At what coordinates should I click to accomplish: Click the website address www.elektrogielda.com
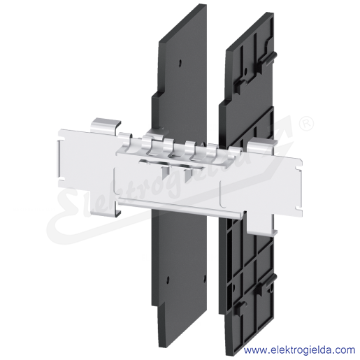(299, 350)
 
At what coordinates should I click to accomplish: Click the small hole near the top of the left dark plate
(180, 63)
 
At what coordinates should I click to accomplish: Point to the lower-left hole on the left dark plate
(167, 279)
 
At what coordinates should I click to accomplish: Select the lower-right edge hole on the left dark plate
(205, 278)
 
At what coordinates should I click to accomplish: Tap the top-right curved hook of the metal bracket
(261, 143)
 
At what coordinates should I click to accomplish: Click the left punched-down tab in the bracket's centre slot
(164, 171)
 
